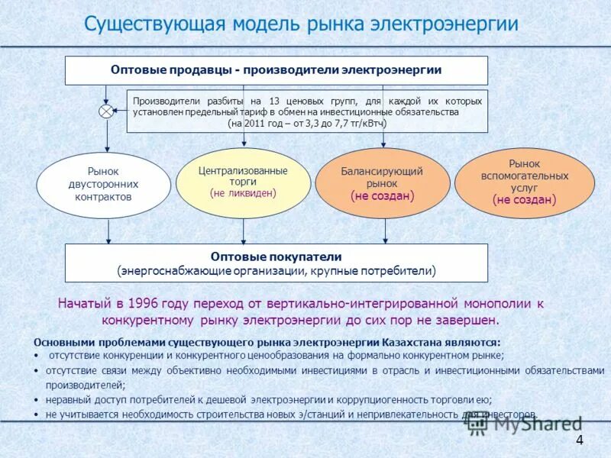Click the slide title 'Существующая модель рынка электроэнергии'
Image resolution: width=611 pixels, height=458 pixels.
click(x=301, y=24)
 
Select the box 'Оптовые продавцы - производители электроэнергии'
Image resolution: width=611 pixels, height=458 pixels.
click(x=276, y=70)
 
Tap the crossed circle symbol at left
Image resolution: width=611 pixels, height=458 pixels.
click(x=105, y=111)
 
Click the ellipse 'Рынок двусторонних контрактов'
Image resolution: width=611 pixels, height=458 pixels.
click(x=103, y=185)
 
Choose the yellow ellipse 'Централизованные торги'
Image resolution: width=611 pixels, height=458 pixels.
click(x=243, y=182)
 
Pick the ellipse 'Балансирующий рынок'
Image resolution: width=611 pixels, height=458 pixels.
click(x=382, y=183)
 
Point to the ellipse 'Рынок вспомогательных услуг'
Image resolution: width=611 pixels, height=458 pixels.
click(x=524, y=183)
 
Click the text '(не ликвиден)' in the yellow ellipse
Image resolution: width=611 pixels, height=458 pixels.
click(x=243, y=194)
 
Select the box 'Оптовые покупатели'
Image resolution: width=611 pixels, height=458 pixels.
click(x=276, y=263)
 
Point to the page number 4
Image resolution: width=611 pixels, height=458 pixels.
click(x=579, y=440)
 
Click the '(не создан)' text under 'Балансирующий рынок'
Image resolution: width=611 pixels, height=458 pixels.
click(x=382, y=196)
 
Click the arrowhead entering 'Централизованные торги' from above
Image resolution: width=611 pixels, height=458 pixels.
click(x=243, y=144)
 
